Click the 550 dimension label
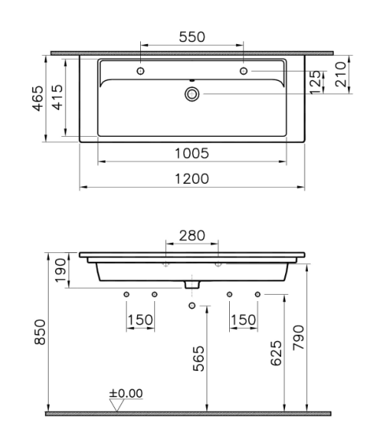coord(192,37)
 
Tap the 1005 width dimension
coord(192,153)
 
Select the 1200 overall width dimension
coord(192,179)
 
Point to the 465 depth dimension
coord(38,98)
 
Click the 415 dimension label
coord(57,97)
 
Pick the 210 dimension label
coord(341,75)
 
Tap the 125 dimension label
coord(316,83)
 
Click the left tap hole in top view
coord(140,71)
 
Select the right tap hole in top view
coord(243,71)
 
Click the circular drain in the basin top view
coord(192,94)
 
